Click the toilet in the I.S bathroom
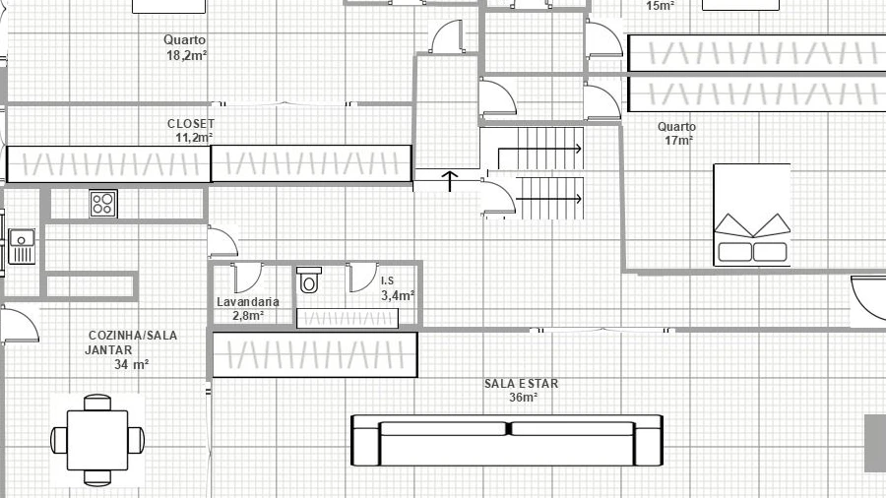[x=308, y=280]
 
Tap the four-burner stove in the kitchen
[x=103, y=204]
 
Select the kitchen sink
[x=22, y=246]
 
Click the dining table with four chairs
[x=97, y=440]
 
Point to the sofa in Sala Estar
[x=507, y=441]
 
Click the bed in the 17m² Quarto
[x=752, y=215]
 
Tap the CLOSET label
[x=191, y=123]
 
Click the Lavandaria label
[x=247, y=302]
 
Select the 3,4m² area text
[x=398, y=295]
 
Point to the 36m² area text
[x=524, y=398]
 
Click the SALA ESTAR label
[x=521, y=384]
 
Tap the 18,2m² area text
[x=186, y=55]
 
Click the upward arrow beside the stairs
[x=450, y=181]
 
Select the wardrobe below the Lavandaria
[x=315, y=354]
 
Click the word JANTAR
[x=108, y=350]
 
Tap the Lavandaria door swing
[x=247, y=278]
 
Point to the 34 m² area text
[x=132, y=365]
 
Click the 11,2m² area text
[x=194, y=137]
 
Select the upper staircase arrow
[x=539, y=149]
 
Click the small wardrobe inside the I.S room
[x=348, y=319]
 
